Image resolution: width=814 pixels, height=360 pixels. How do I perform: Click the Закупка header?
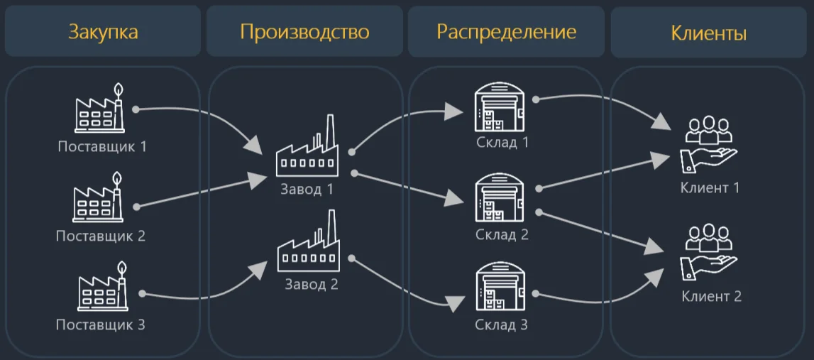tap(103, 32)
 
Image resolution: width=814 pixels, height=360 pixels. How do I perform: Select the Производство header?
tap(304, 32)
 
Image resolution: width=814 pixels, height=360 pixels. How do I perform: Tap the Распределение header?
tap(506, 32)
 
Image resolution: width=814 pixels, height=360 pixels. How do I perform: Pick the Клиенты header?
tap(708, 33)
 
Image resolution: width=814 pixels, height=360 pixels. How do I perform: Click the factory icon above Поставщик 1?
tap(100, 109)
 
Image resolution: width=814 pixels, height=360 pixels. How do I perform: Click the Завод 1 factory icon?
tap(307, 149)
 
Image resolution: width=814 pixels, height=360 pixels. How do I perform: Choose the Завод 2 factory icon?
tap(307, 244)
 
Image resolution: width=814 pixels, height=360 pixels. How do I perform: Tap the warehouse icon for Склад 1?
tap(502, 107)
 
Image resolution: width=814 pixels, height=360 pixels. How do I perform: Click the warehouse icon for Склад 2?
tap(502, 198)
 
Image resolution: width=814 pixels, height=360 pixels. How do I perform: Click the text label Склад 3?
tap(502, 326)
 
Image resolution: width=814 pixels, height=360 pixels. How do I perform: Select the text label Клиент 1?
tap(710, 188)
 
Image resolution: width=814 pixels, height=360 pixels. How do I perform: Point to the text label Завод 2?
tap(312, 285)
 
